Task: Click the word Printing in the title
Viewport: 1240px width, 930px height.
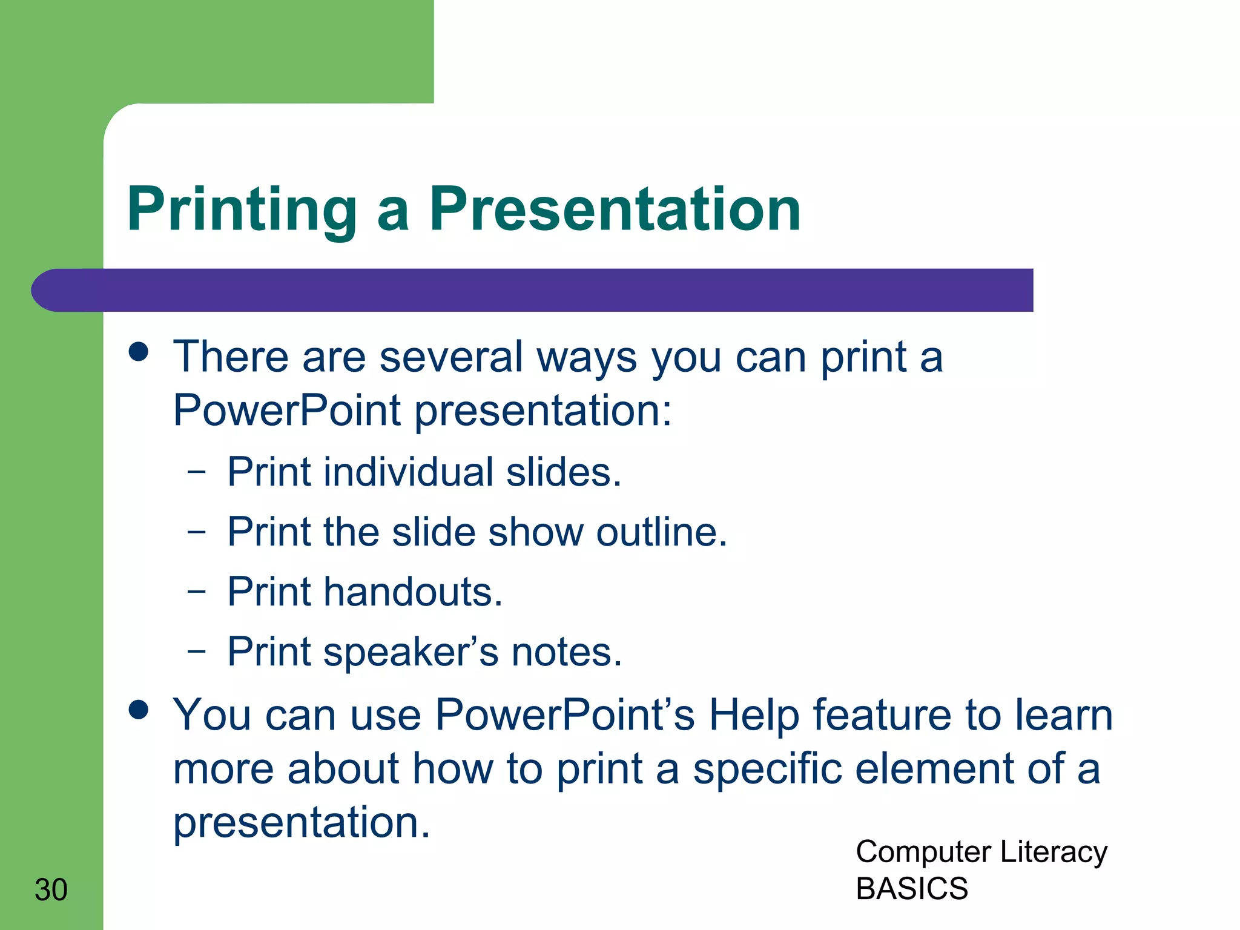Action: [242, 210]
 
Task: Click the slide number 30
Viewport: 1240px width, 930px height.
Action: [51, 889]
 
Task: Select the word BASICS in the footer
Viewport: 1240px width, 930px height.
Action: [912, 888]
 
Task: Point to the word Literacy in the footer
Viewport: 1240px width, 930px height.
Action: [1054, 852]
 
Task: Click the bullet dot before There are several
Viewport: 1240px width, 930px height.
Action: [139, 352]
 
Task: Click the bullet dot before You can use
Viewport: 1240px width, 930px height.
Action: [139, 710]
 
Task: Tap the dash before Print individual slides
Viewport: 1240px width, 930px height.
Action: [197, 472]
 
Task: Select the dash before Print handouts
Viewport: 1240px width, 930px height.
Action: [197, 591]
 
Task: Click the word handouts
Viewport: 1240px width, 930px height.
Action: [413, 592]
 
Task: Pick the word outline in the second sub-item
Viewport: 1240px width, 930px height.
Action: [661, 532]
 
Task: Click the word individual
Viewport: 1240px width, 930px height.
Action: [409, 472]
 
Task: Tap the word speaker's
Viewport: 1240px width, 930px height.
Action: [411, 653]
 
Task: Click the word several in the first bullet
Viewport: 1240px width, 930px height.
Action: [451, 357]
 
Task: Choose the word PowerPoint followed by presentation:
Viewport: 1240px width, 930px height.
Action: [287, 411]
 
